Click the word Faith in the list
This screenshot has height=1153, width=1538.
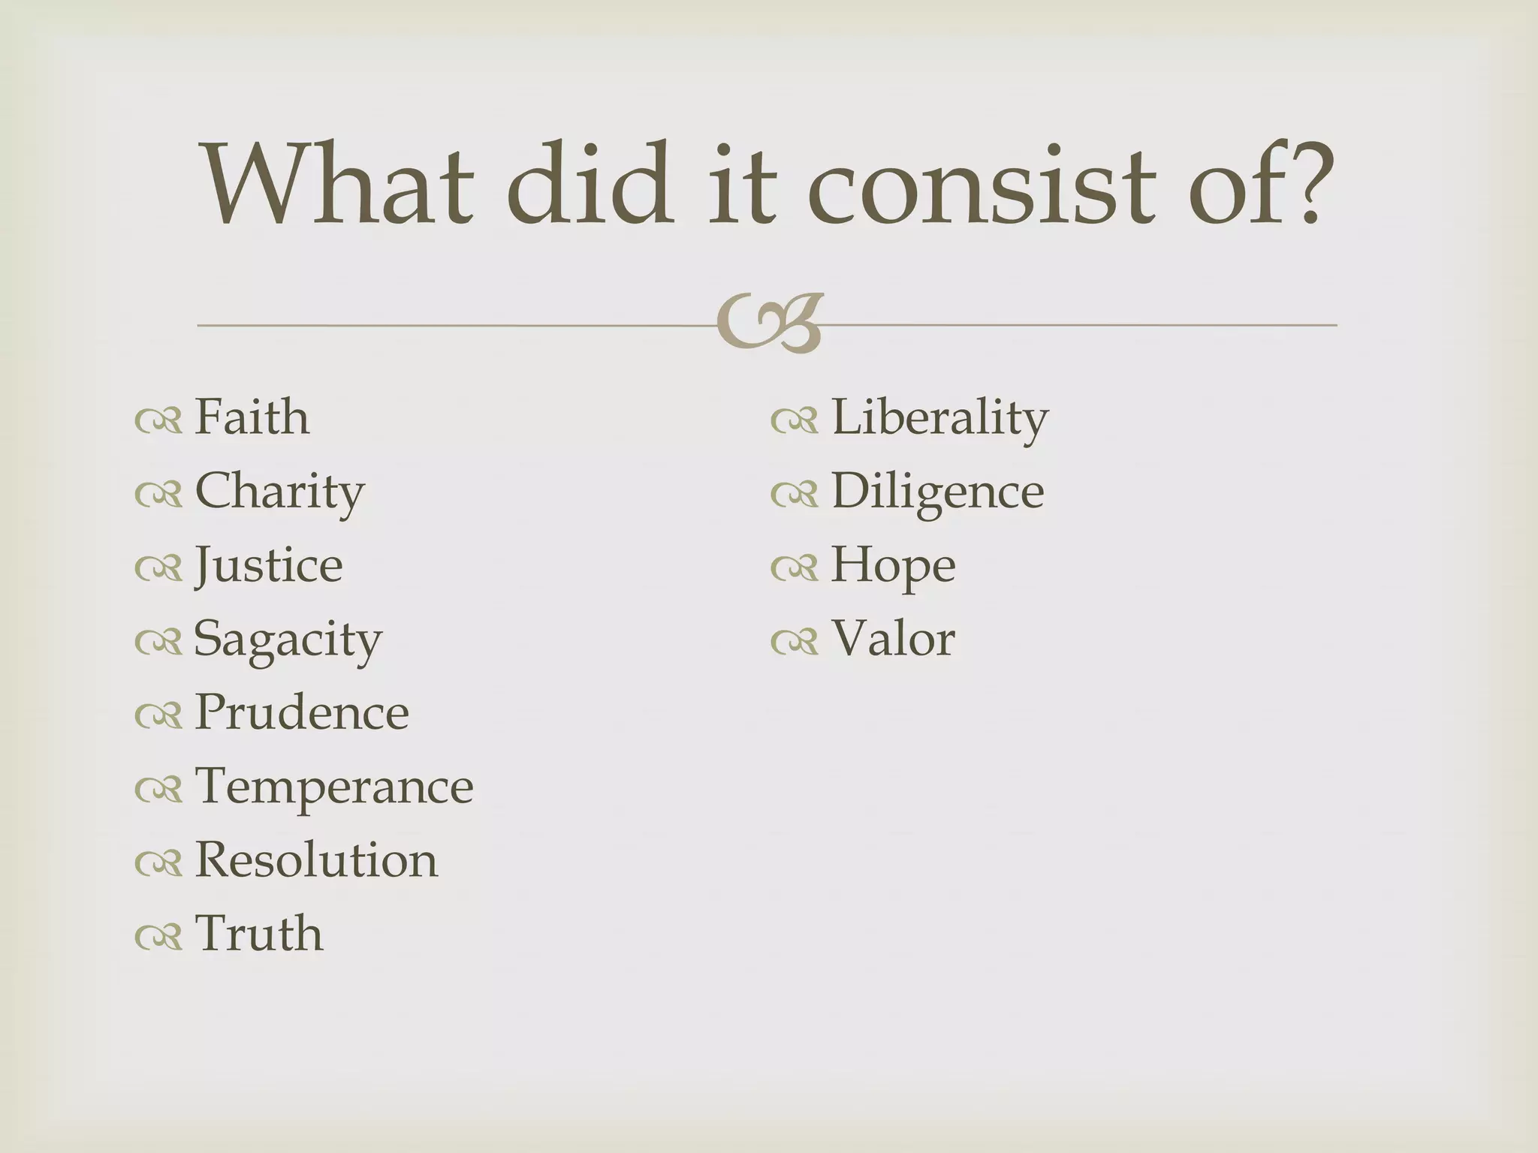click(x=252, y=417)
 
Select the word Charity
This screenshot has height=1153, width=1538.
click(x=279, y=492)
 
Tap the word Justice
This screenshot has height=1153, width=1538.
click(x=268, y=565)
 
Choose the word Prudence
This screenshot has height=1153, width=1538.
click(x=301, y=712)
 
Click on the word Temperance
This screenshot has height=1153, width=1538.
click(x=334, y=787)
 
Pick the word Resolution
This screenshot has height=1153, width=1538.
click(x=315, y=860)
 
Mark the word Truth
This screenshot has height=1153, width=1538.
click(x=259, y=934)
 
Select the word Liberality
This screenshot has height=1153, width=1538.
click(x=939, y=417)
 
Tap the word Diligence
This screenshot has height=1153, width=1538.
click(x=937, y=492)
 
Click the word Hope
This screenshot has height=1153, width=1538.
click(x=893, y=565)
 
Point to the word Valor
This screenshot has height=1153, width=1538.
click(x=893, y=639)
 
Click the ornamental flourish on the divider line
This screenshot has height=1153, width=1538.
click(x=770, y=324)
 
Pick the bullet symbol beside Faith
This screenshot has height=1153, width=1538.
click(x=158, y=421)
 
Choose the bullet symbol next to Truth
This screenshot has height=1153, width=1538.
click(x=158, y=937)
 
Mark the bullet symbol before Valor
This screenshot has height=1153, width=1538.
click(x=794, y=642)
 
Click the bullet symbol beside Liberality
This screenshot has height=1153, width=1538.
click(x=794, y=421)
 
